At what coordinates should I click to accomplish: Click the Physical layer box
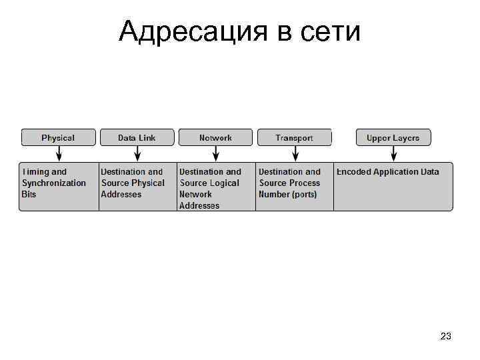(x=58, y=137)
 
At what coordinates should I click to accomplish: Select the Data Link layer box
(x=137, y=137)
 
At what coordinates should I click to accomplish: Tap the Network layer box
(x=215, y=137)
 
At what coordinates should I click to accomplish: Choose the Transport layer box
(x=294, y=137)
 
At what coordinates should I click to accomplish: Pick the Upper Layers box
(x=393, y=137)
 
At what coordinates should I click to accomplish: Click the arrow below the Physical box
(x=59, y=154)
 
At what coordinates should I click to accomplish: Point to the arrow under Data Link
(x=137, y=154)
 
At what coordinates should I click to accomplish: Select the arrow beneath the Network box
(x=216, y=154)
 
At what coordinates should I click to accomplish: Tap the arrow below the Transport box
(x=295, y=154)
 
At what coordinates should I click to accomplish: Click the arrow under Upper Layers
(x=393, y=154)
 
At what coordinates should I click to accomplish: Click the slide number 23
(x=446, y=337)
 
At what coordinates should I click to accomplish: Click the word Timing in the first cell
(x=36, y=171)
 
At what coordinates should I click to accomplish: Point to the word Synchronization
(x=54, y=183)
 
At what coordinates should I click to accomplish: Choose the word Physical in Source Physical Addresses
(x=147, y=183)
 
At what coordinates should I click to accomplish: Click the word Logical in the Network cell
(x=225, y=183)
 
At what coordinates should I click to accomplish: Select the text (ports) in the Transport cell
(x=303, y=194)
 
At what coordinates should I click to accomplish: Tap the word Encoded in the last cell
(x=353, y=171)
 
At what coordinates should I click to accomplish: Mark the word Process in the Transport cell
(x=305, y=183)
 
